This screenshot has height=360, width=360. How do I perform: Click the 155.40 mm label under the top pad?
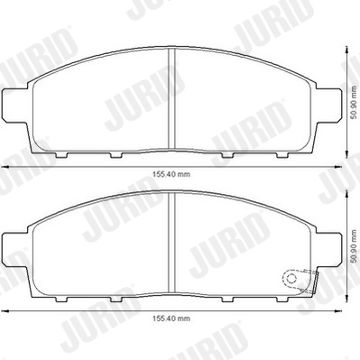coord(171,174)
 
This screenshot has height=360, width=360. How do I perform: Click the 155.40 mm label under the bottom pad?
coord(171,318)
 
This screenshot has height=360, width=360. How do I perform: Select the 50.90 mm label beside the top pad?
coord(355,103)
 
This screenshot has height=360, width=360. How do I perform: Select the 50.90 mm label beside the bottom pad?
coord(355,246)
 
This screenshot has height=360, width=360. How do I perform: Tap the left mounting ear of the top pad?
coord(15,106)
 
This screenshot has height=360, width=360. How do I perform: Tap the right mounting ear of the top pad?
coord(328,106)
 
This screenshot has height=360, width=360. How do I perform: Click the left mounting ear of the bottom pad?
coord(15,249)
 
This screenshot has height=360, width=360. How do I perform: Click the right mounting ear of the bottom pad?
coord(328,249)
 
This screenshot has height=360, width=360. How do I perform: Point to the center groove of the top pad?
coord(171,98)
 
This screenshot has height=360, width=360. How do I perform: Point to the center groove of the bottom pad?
coord(171,243)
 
